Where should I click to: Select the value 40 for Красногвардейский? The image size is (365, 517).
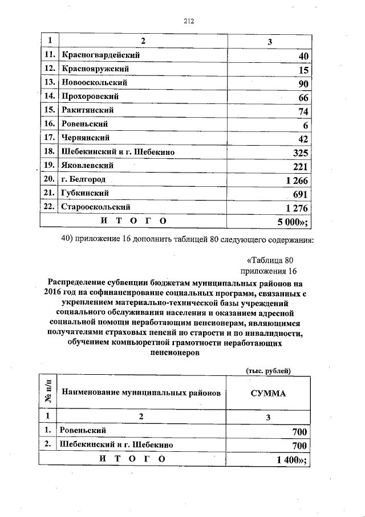click(x=303, y=56)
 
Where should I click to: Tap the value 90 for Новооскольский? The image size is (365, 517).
click(x=303, y=84)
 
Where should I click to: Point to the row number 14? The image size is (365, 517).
click(x=49, y=97)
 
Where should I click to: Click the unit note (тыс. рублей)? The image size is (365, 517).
click(x=269, y=371)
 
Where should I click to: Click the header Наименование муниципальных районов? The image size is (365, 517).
click(x=141, y=393)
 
